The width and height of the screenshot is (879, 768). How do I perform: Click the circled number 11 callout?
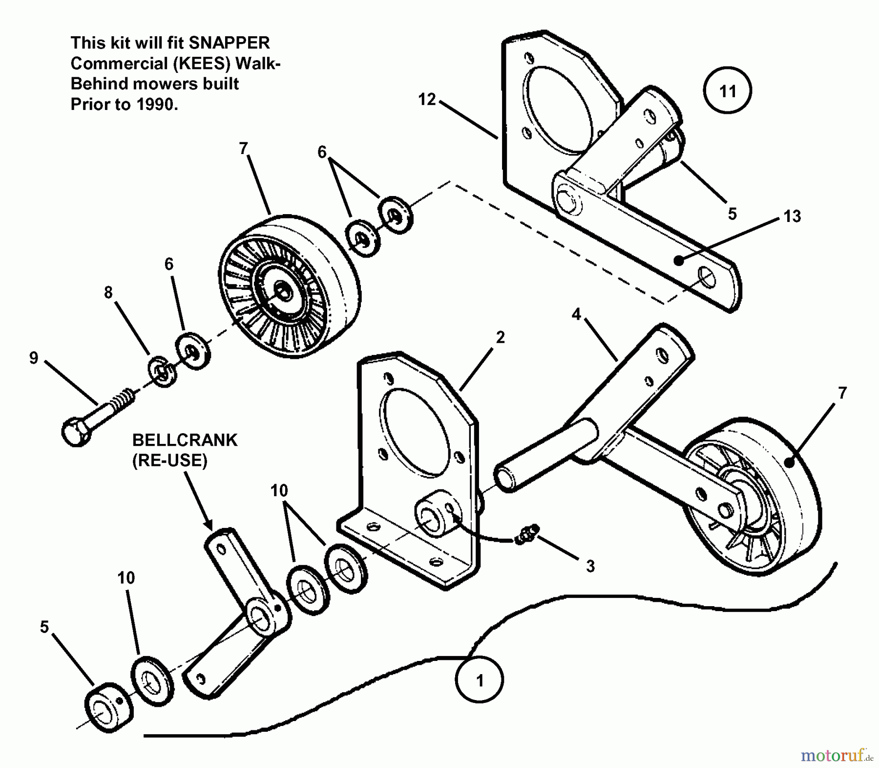click(727, 91)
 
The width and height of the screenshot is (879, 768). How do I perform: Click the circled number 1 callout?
click(479, 680)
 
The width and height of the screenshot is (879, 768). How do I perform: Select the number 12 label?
click(427, 99)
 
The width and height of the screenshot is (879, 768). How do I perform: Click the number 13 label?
click(792, 216)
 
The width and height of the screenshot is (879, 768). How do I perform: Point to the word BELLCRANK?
click(185, 440)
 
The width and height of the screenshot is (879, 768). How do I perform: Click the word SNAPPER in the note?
click(229, 43)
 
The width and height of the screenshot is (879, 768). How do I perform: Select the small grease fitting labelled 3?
click(527, 533)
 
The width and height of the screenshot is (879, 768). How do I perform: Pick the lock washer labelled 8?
click(161, 373)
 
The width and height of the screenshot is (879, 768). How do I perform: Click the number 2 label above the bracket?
click(500, 337)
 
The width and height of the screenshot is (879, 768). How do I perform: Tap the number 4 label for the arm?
click(576, 314)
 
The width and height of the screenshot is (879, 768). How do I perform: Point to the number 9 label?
click(33, 358)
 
